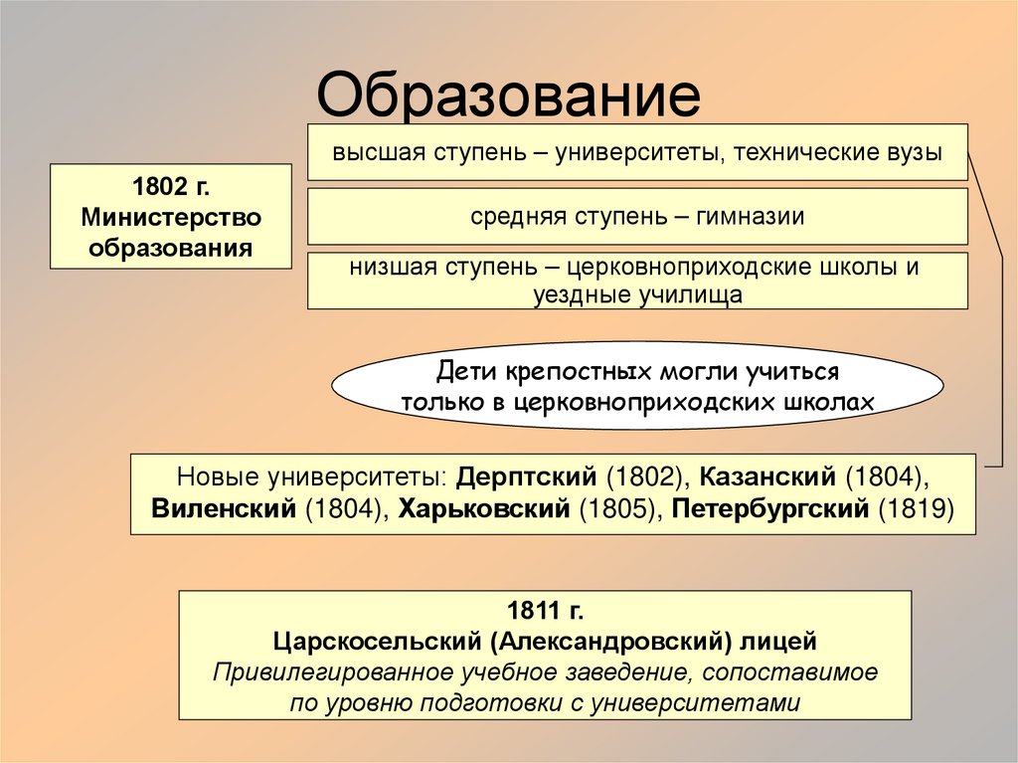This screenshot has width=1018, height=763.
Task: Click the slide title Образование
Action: (508, 96)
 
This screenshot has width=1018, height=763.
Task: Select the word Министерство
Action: (171, 217)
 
